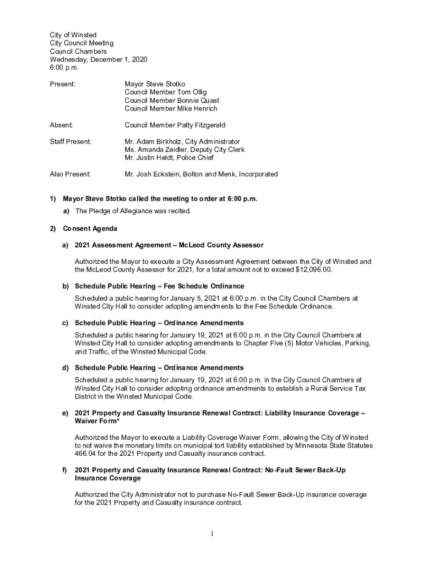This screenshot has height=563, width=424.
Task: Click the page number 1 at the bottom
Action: (x=211, y=534)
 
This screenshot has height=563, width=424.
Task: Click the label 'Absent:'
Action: (x=62, y=125)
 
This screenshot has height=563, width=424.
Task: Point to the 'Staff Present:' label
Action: (x=70, y=142)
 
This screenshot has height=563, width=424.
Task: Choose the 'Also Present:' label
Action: (x=70, y=174)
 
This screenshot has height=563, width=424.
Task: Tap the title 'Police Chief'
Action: (x=201, y=158)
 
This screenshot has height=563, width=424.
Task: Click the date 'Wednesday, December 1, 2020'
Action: (x=99, y=59)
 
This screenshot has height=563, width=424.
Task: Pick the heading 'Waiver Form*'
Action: (x=96, y=421)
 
